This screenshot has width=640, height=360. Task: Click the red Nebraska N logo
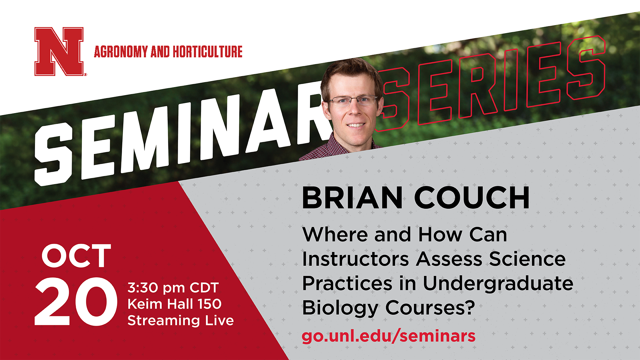pyautogui.click(x=59, y=51)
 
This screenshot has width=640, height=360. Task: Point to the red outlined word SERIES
pyautogui.click(x=490, y=83)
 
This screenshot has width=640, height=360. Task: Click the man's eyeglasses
pyautogui.click(x=353, y=100)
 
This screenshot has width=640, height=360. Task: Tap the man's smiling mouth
pyautogui.click(x=356, y=125)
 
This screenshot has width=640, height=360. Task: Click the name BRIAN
pyautogui.click(x=352, y=198)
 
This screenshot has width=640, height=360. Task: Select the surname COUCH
pyautogui.click(x=472, y=198)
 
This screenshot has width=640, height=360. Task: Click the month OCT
pyautogui.click(x=76, y=256)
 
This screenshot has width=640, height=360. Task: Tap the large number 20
pyautogui.click(x=76, y=301)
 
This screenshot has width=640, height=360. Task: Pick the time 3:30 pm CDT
pyautogui.click(x=173, y=288)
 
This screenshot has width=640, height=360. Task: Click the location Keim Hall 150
pyautogui.click(x=175, y=304)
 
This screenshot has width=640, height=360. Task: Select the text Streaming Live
pyautogui.click(x=181, y=320)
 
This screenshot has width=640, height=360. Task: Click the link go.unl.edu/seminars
pyautogui.click(x=389, y=336)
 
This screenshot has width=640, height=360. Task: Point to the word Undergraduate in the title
pyautogui.click(x=498, y=284)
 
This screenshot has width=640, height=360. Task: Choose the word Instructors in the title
pyautogui.click(x=356, y=259)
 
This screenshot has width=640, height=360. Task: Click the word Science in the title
pyautogui.click(x=527, y=259)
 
